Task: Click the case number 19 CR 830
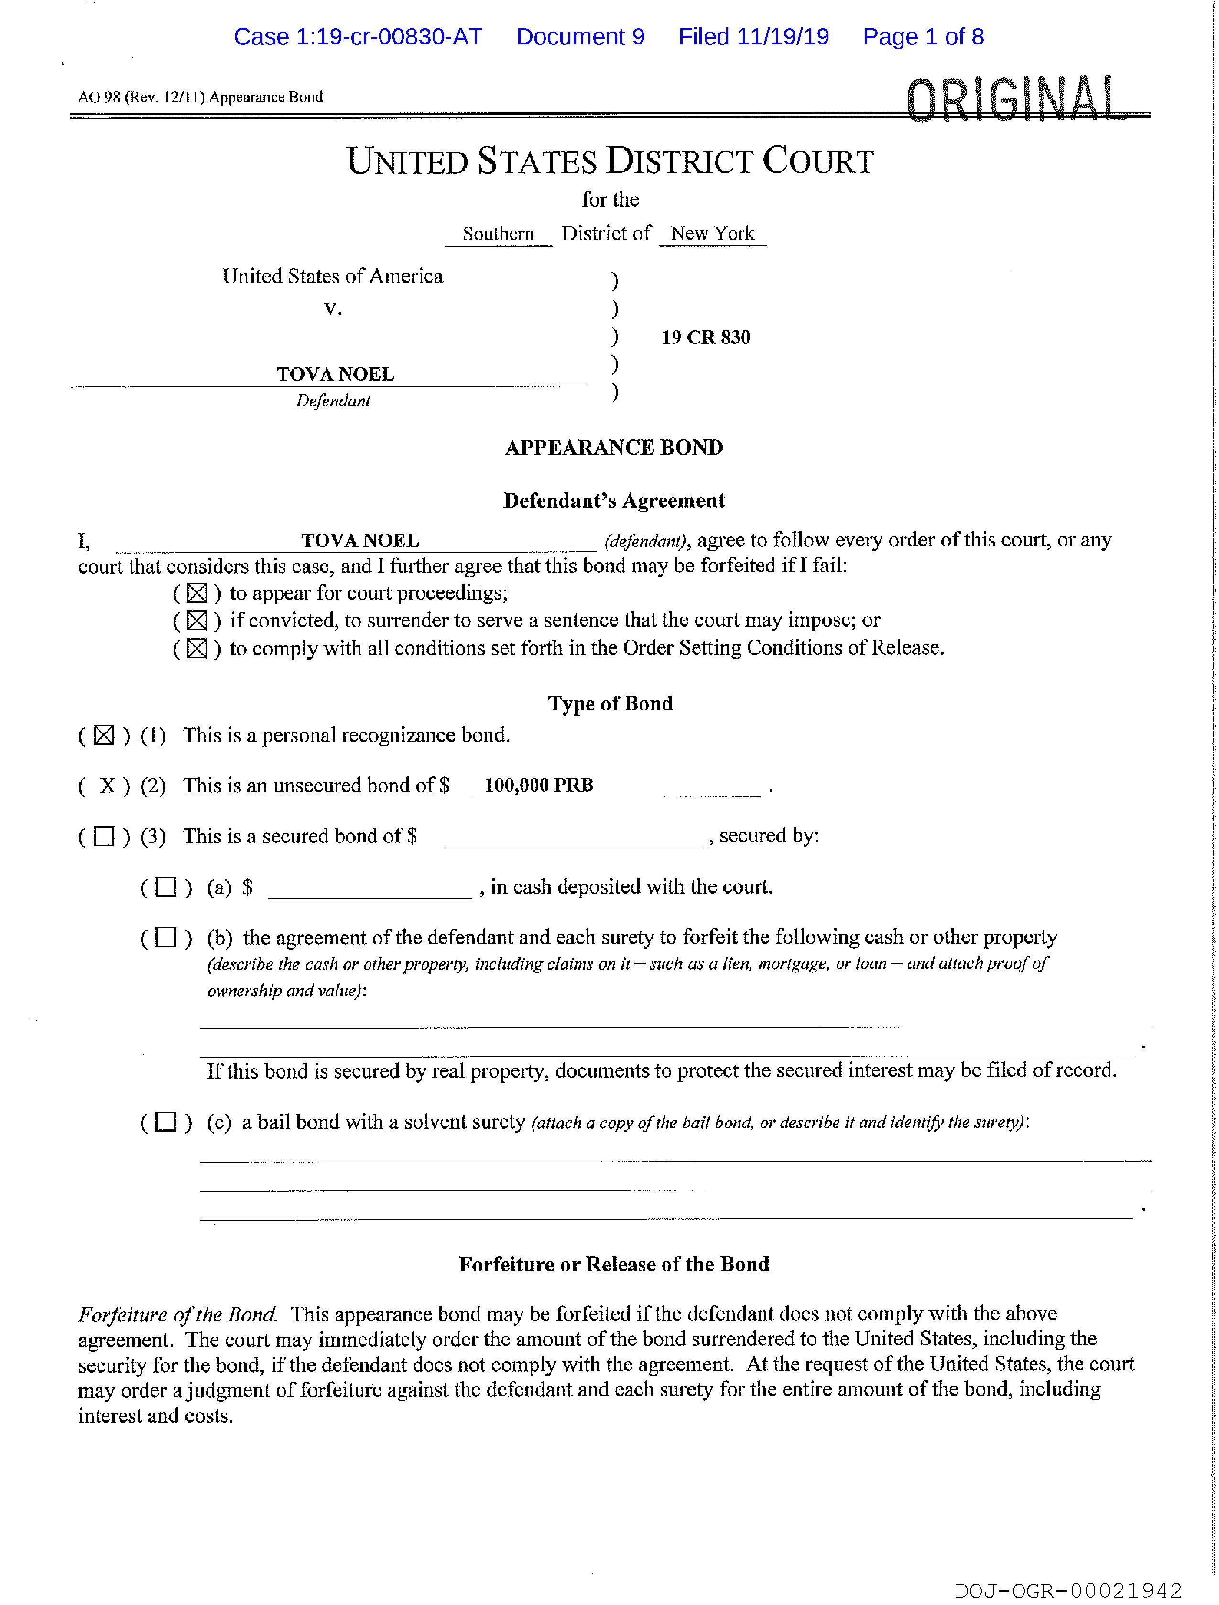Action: click(x=705, y=338)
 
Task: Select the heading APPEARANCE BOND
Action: click(x=614, y=447)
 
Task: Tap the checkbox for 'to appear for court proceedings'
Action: click(x=196, y=593)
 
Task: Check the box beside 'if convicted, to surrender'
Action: click(x=196, y=621)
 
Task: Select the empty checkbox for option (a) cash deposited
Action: click(x=166, y=887)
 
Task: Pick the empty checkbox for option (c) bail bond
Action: click(x=166, y=1123)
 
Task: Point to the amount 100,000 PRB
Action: click(x=538, y=785)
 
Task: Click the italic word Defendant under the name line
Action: click(x=333, y=401)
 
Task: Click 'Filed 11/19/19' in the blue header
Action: click(x=753, y=37)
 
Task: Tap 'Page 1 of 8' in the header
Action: click(x=923, y=37)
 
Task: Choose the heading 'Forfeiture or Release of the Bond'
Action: click(x=613, y=1264)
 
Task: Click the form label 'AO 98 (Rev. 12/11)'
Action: click(x=141, y=97)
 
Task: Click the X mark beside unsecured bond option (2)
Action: click(x=108, y=785)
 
